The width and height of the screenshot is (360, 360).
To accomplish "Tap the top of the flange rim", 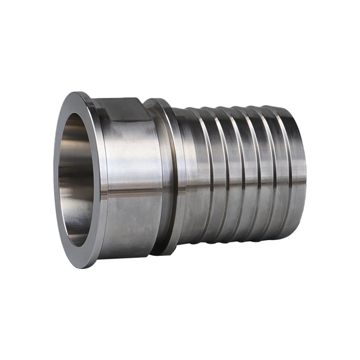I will point(77,96).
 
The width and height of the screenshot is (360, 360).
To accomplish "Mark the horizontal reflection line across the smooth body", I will point(130,192).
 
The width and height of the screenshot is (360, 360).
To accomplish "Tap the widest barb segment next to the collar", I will point(190,178).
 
